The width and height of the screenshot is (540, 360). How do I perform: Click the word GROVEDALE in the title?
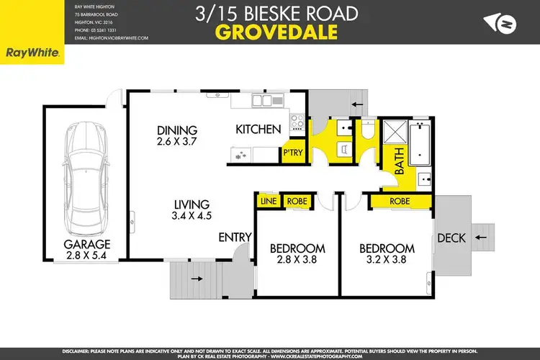click(270, 32)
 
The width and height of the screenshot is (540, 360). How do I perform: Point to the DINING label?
click(176, 130)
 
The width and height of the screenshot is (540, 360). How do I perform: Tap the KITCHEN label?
click(258, 130)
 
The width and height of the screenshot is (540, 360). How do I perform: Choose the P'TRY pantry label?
click(292, 153)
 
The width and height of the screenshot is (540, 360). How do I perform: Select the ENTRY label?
click(235, 237)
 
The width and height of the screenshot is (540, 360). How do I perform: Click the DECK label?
click(451, 238)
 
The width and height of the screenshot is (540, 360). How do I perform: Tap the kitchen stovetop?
click(296, 124)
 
